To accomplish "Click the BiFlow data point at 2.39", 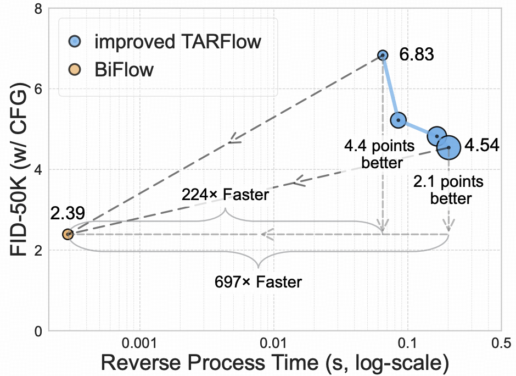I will (x=68, y=234).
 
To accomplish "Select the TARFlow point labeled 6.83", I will (x=383, y=55).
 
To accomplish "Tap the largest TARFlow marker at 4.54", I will (x=448, y=147).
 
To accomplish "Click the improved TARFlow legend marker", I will (x=76, y=41).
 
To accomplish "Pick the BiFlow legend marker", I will (x=76, y=70).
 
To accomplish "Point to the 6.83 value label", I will (x=417, y=55).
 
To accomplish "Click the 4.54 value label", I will (x=481, y=146).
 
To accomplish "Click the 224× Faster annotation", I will (x=225, y=195).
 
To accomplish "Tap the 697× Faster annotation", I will (x=258, y=282).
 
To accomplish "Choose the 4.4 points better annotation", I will (x=373, y=154).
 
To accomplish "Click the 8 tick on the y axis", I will (x=38, y=9).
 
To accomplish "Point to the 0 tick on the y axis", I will (x=38, y=331).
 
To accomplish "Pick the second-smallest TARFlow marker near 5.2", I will (x=398, y=120).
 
